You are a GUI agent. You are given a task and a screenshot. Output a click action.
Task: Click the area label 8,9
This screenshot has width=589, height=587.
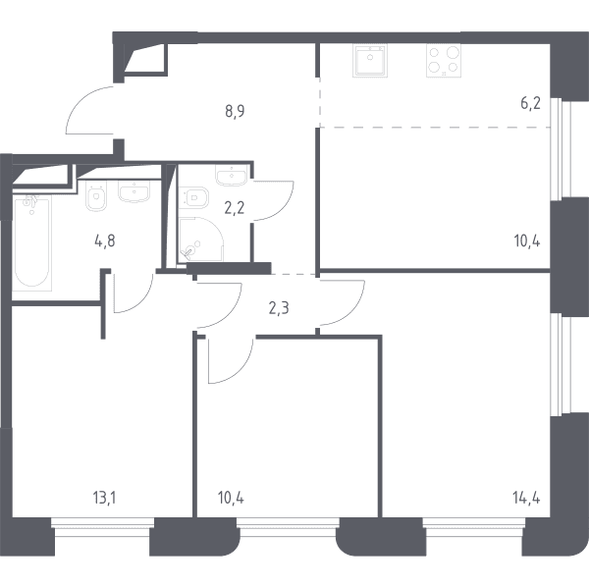tap(235, 112)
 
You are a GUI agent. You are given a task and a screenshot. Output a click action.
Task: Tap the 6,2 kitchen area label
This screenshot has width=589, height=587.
tap(530, 103)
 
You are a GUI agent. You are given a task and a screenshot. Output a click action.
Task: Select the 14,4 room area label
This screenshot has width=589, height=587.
tap(526, 499)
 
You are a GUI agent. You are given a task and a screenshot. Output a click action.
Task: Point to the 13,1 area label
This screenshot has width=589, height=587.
tap(104, 499)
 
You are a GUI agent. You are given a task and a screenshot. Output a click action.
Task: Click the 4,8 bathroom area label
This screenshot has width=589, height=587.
tap(105, 241)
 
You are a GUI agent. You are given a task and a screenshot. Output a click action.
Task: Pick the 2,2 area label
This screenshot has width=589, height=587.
tap(235, 208)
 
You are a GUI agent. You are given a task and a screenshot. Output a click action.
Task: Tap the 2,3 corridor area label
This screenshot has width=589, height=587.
tap(279, 308)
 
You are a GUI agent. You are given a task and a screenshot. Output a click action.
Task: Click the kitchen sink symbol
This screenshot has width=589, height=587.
tap(370, 61)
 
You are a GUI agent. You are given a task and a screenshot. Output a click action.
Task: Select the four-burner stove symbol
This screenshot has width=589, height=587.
tap(444, 61)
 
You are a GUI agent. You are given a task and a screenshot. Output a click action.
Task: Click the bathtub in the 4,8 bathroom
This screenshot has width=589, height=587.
tap(32, 242)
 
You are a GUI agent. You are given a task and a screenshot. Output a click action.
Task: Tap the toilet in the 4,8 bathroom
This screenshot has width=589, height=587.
tap(96, 195)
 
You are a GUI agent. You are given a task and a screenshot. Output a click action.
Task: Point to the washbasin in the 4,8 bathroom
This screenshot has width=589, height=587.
tap(134, 191)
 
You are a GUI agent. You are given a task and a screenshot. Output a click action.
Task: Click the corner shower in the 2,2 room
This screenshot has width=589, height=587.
tap(201, 240)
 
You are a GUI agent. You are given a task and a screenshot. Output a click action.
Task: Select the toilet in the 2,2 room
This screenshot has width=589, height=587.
tap(193, 197)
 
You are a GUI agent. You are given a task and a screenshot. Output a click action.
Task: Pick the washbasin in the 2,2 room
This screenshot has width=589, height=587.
tap(232, 176)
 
